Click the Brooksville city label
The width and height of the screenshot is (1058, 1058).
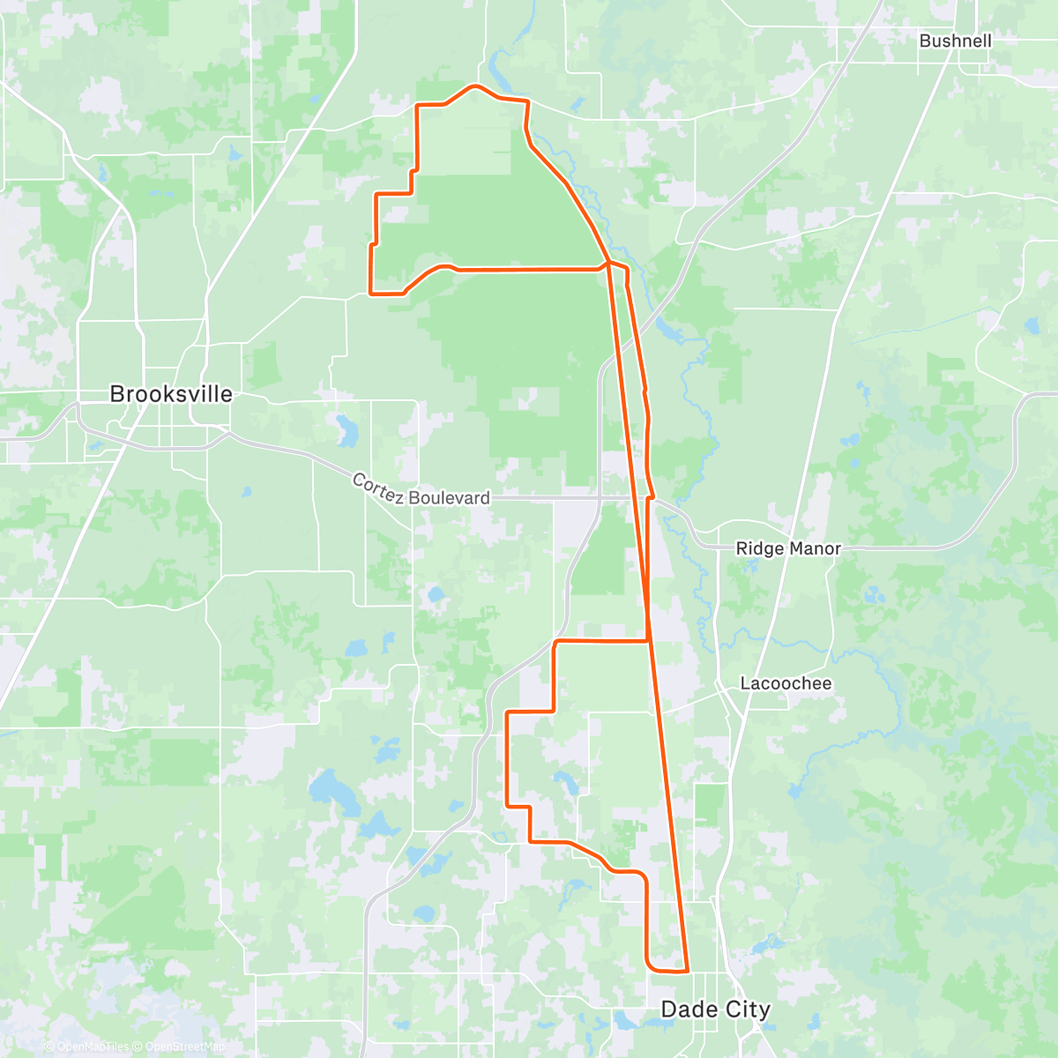(x=171, y=394)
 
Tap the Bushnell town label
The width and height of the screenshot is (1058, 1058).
(x=955, y=41)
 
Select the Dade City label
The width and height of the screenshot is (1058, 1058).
(x=715, y=1010)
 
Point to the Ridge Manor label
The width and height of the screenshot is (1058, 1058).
(x=788, y=548)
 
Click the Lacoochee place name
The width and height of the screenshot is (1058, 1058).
(x=786, y=683)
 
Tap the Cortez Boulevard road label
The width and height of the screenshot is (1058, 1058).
(x=421, y=490)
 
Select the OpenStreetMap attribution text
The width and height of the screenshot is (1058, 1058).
(x=185, y=1047)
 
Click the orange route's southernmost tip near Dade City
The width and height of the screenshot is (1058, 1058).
(x=684, y=972)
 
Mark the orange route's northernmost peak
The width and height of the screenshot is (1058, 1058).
(x=476, y=86)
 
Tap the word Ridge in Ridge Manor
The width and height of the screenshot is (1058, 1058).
(x=757, y=548)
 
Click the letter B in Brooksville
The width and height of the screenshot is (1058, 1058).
(x=116, y=394)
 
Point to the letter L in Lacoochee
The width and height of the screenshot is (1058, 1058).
(x=745, y=683)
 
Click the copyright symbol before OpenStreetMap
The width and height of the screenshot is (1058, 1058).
(x=138, y=1047)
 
